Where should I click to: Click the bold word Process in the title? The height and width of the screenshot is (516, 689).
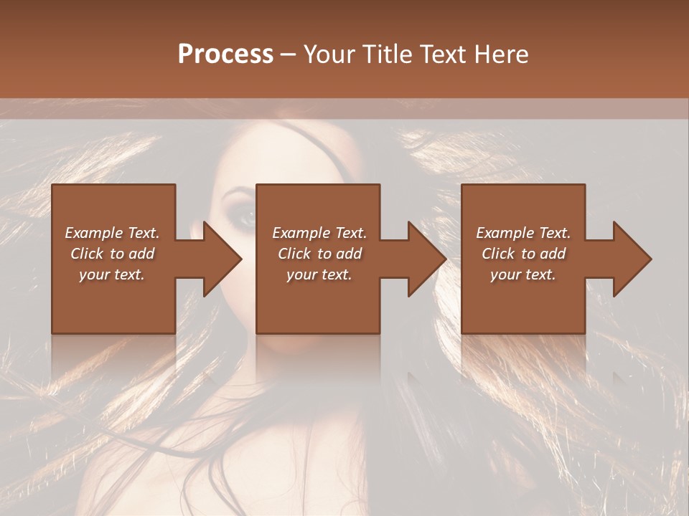coord(225,54)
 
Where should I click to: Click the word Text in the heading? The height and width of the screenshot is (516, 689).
coord(443,54)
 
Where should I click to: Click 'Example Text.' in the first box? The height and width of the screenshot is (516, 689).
coord(112,233)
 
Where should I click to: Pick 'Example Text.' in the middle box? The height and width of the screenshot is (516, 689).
coord(319,233)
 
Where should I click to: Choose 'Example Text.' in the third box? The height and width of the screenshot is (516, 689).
coord(523,233)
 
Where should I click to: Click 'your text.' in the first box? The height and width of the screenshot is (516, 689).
coord(112,274)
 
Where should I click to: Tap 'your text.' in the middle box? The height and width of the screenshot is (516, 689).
coord(319,274)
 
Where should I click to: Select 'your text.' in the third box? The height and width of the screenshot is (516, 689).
coord(523,274)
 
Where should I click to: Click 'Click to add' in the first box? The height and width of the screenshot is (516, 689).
coord(112,254)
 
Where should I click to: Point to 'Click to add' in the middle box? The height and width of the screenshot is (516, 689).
coord(319,254)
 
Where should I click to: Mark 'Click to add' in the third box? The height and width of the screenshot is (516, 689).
coord(523,254)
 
